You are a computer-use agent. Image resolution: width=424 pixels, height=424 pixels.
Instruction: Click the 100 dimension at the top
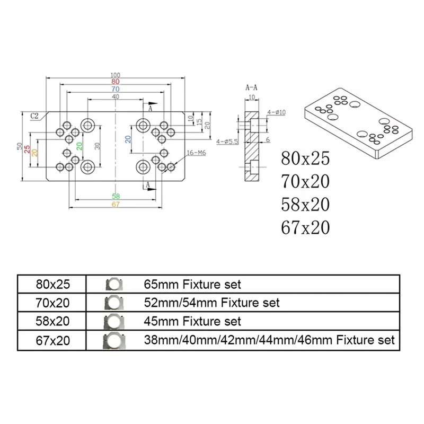tap(115, 75)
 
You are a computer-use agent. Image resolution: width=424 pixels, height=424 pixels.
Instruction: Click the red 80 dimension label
tap(115, 82)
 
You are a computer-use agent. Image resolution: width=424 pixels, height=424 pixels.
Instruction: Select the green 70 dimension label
tap(115, 90)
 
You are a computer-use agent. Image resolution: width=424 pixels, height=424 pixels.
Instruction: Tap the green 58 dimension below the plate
tap(115, 196)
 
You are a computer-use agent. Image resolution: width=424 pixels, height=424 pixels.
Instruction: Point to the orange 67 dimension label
tap(115, 204)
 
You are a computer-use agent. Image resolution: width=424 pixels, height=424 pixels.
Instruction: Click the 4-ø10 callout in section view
tap(276, 112)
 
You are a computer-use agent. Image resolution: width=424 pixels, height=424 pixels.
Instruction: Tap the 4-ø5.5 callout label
tap(227, 142)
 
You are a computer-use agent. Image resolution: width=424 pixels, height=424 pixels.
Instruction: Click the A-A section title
tap(252, 86)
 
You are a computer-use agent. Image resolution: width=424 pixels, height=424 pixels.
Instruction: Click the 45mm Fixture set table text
tap(192, 321)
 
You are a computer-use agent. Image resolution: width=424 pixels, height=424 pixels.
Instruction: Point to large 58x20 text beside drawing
tap(305, 204)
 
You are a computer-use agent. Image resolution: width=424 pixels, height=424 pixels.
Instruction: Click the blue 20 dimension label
tap(128, 139)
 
